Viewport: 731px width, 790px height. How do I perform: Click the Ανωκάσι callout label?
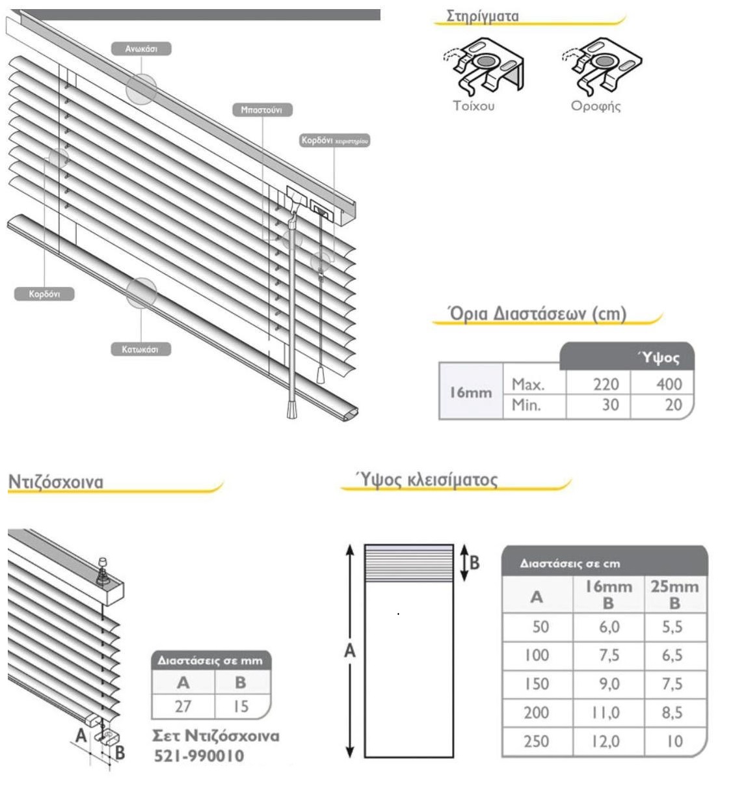coord(140,49)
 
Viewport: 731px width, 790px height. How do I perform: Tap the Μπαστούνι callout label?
coord(262,110)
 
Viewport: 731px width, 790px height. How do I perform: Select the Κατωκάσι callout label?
coord(140,349)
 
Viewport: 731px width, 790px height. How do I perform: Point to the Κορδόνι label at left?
coord(44,294)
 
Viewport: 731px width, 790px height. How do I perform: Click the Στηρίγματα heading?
coord(483,16)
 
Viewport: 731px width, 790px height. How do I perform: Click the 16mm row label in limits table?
coord(471,393)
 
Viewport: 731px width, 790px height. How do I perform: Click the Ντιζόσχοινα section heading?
coord(55,482)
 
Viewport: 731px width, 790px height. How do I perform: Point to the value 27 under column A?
coord(183,706)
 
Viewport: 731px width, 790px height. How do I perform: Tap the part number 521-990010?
coord(199,756)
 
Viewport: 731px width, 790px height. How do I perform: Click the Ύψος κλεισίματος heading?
coord(428,480)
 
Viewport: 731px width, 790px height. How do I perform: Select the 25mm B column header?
coord(674,594)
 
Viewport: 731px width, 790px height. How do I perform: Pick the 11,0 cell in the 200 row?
coord(607,713)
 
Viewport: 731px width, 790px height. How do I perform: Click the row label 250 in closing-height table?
coord(537,741)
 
